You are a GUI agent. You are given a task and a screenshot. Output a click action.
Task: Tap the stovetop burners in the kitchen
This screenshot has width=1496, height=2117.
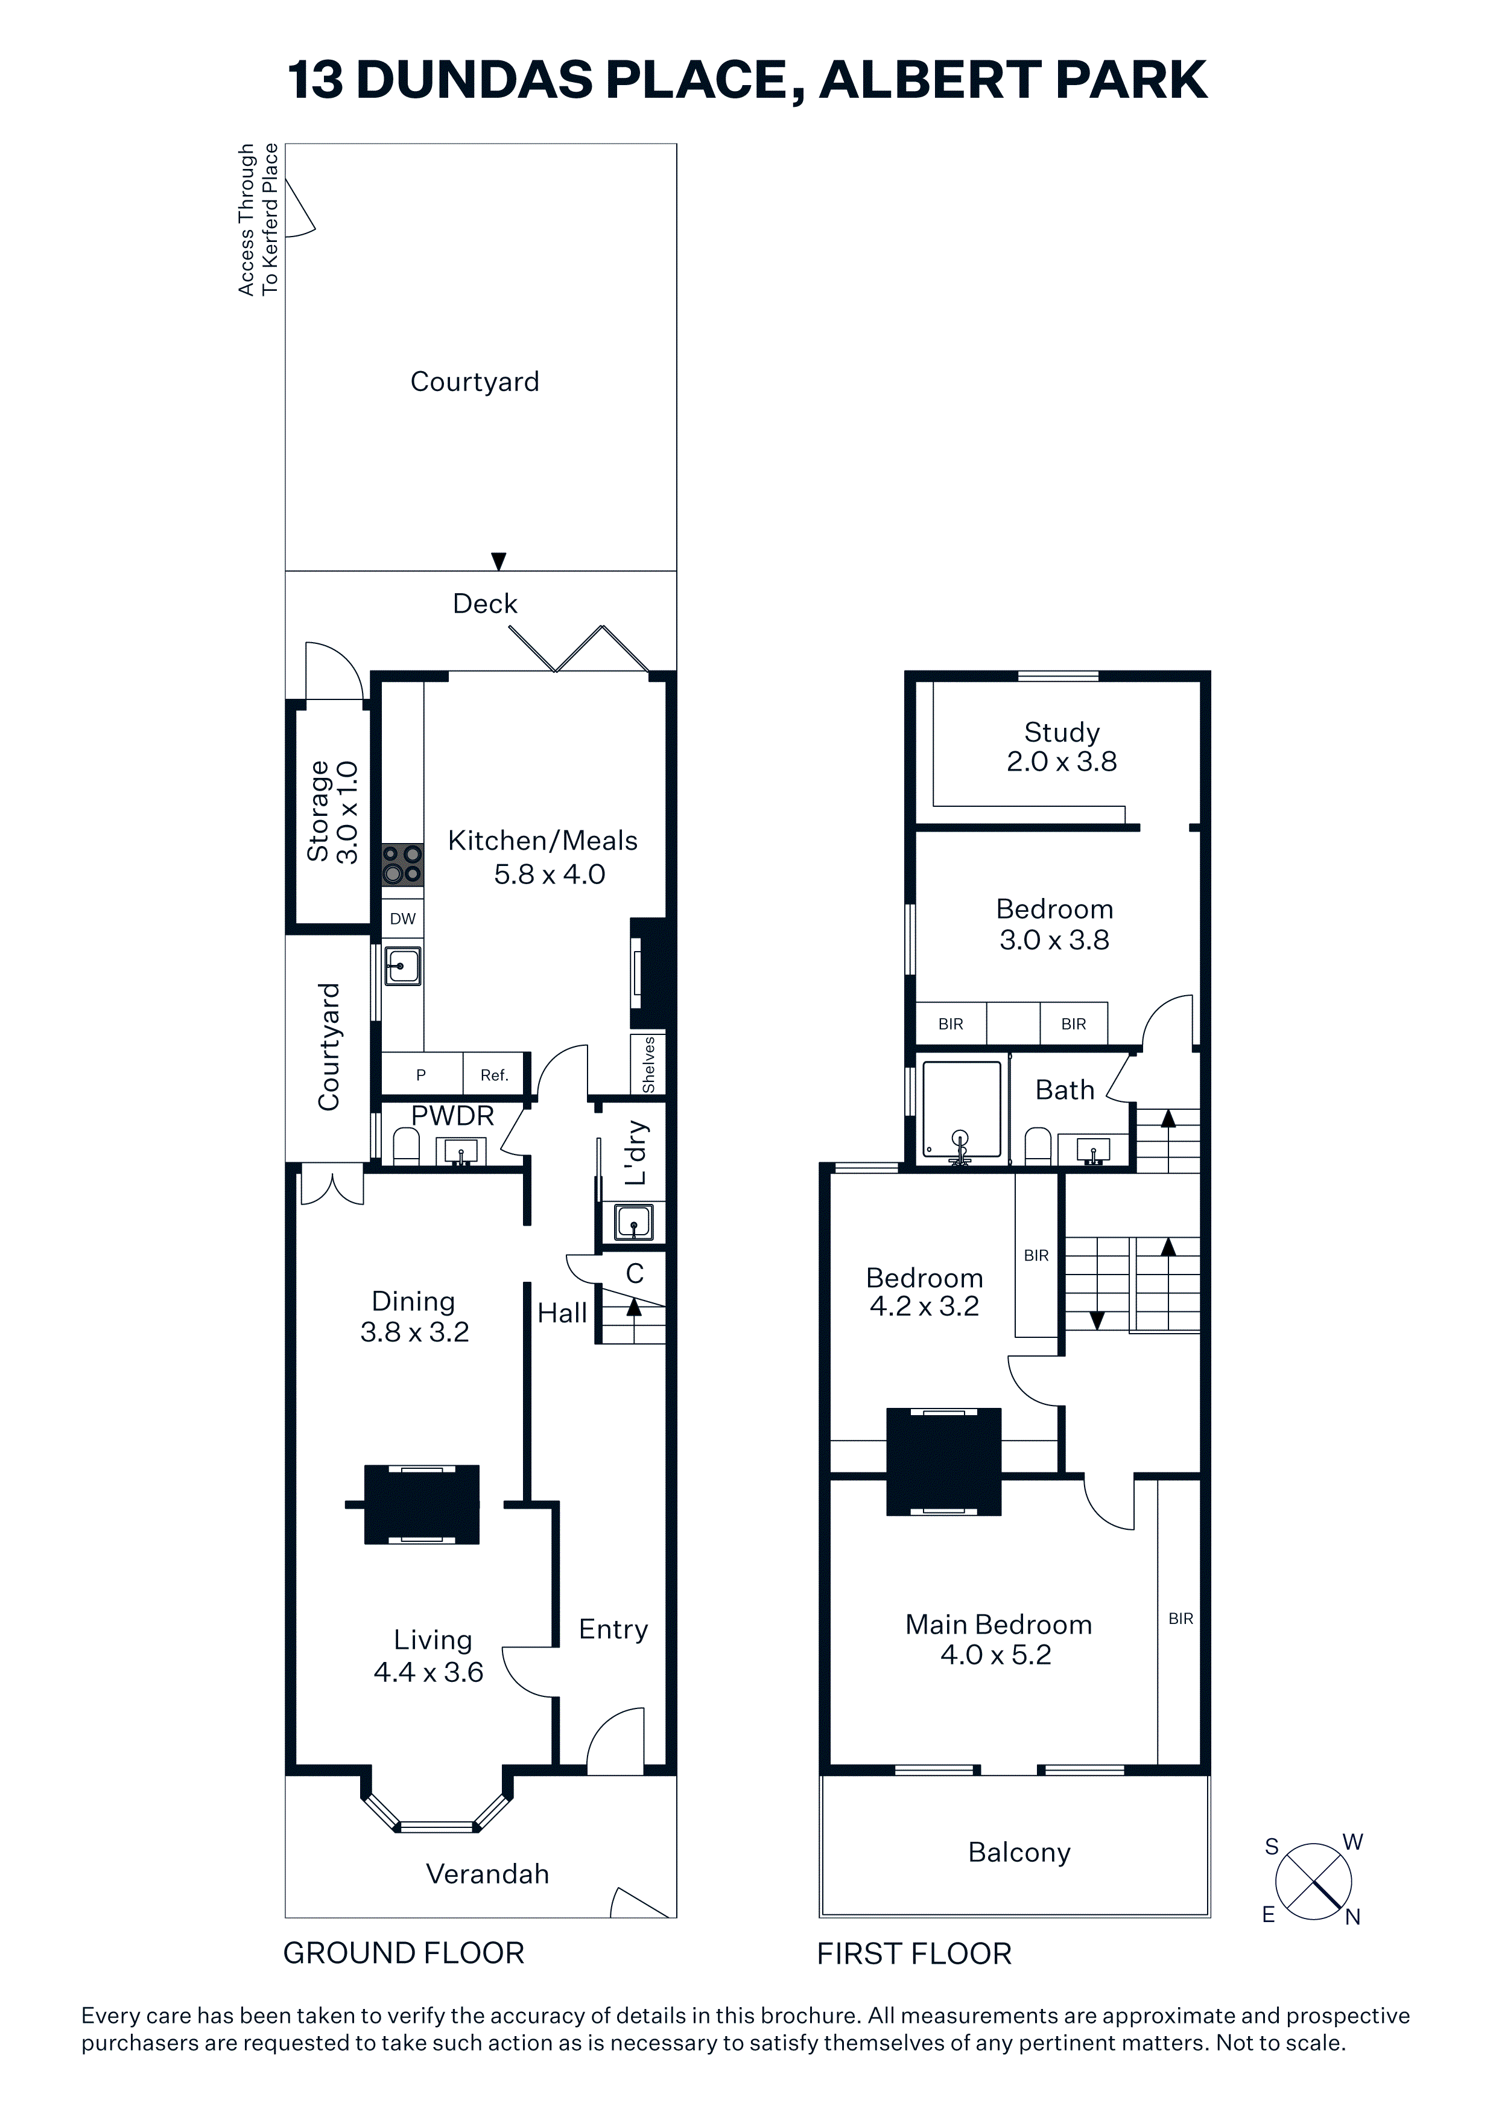[403, 865]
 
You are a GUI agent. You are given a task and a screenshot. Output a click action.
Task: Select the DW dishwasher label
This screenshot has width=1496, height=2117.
[403, 918]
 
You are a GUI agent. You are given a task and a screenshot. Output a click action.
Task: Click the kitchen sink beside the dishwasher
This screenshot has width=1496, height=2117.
[403, 966]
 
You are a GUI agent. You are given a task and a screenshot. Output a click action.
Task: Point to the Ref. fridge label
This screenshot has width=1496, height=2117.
[494, 1075]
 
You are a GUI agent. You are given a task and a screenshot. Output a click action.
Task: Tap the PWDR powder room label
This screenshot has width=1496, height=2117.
[452, 1116]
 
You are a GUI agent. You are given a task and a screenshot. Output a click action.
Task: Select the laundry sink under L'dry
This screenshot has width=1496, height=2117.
[632, 1223]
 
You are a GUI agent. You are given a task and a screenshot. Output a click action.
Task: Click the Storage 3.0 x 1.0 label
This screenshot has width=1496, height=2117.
[333, 812]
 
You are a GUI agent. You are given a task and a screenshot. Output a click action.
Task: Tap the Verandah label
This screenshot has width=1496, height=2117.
[487, 1874]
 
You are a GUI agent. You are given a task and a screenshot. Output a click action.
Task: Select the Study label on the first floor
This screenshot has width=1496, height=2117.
[1062, 732]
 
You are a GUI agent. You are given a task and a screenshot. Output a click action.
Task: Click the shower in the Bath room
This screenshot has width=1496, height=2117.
[962, 1111]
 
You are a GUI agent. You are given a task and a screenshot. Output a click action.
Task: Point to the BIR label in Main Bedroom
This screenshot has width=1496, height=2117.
[1181, 1618]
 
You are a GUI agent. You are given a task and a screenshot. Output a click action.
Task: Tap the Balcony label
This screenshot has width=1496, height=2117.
[1019, 1853]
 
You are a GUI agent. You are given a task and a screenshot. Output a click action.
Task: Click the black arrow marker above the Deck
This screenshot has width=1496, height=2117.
[499, 561]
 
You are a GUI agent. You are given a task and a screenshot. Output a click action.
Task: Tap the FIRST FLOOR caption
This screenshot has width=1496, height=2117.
[914, 1954]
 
